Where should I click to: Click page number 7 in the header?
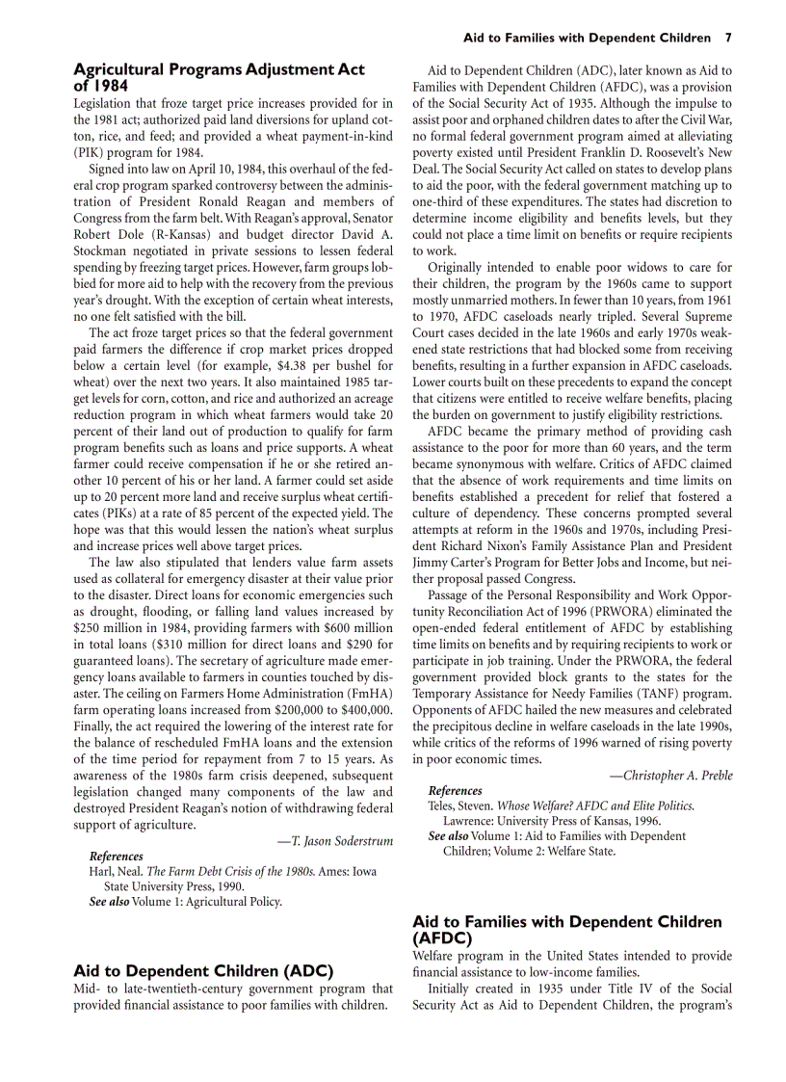pos(728,39)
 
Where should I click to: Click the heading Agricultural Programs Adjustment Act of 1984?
pos(219,77)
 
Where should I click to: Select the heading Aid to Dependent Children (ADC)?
pos(203,970)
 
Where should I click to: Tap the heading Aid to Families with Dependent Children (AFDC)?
pos(566,929)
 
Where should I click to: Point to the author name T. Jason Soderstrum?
pos(338,841)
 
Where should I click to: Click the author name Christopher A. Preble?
pos(670,776)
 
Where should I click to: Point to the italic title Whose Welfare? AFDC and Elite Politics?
pos(595,805)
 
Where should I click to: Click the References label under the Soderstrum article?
pos(116,856)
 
